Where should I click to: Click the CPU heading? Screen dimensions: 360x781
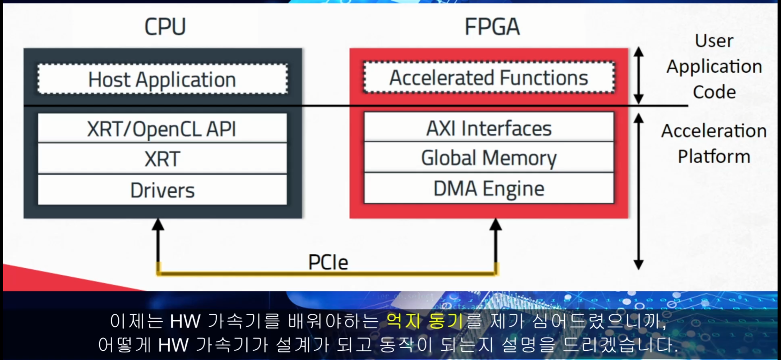[165, 27]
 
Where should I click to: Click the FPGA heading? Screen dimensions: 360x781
[492, 27]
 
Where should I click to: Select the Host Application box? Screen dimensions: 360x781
[162, 79]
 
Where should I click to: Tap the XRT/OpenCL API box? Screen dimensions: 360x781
[162, 129]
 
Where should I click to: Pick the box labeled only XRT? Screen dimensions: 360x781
[162, 159]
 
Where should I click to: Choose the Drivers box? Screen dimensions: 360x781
[162, 190]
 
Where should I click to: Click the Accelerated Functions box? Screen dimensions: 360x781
[489, 78]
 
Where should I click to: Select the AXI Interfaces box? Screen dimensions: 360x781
[489, 128]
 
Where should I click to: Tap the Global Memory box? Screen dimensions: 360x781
[489, 158]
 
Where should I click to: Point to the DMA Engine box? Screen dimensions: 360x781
[489, 188]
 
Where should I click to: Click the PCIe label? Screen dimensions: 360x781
[328, 262]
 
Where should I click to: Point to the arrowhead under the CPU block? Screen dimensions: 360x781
[158, 224]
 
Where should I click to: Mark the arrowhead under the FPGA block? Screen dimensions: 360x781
[496, 224]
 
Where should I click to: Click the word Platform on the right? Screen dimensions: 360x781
[714, 156]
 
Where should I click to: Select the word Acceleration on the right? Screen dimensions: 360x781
[714, 131]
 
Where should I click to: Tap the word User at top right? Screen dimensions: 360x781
[714, 41]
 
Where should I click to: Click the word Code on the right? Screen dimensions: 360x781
[714, 92]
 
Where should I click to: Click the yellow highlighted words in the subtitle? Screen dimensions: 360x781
[425, 321]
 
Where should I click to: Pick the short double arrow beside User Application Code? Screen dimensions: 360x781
[638, 75]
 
